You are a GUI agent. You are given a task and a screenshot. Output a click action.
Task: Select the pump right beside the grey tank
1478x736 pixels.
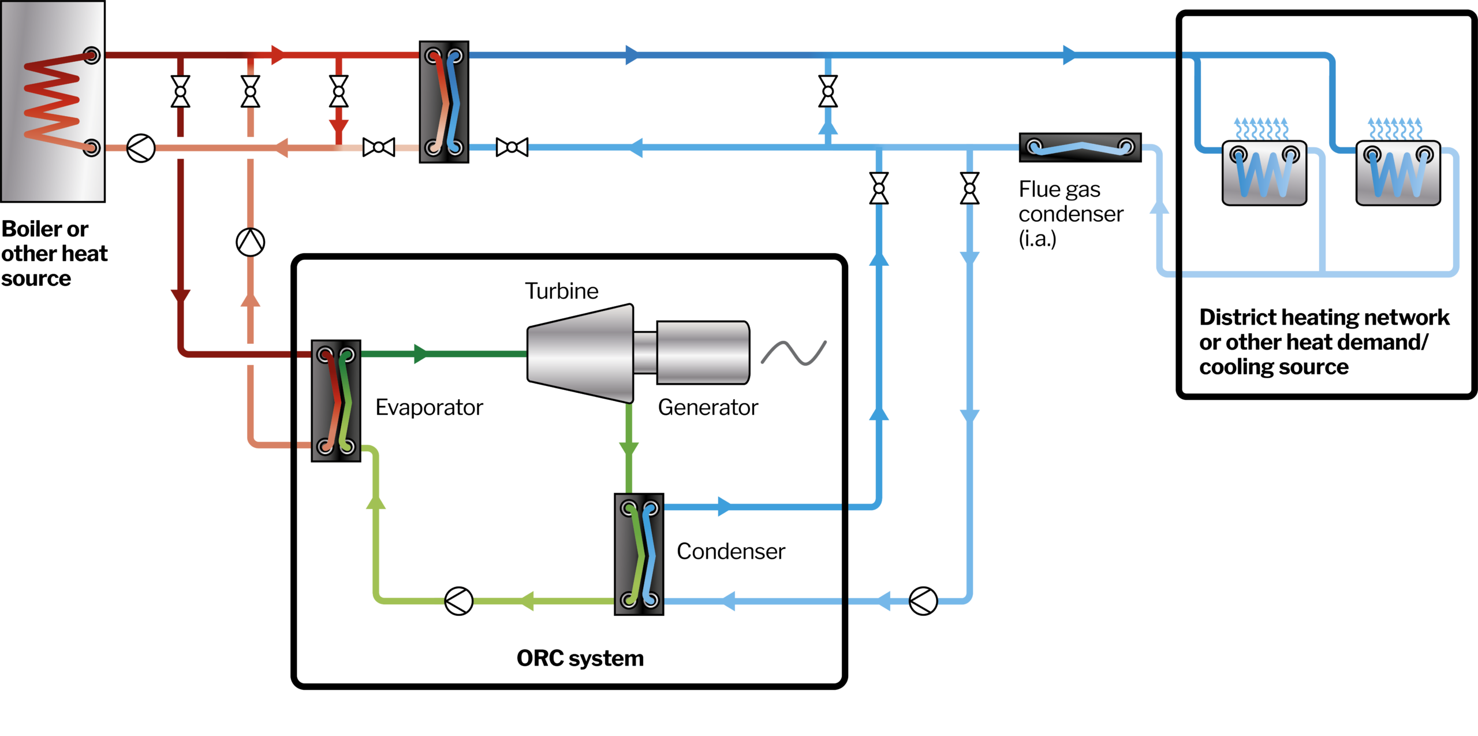click(141, 148)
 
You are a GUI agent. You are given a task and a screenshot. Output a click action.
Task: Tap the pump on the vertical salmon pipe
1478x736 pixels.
click(251, 242)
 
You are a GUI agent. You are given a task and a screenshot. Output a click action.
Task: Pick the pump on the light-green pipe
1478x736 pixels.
click(459, 601)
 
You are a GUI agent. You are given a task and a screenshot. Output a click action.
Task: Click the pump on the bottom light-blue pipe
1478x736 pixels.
click(923, 601)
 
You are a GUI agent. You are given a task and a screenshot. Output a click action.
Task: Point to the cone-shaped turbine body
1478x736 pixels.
click(581, 354)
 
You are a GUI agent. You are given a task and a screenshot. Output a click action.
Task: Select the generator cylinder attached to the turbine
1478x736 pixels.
click(703, 352)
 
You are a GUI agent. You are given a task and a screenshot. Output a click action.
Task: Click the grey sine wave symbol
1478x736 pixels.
click(794, 352)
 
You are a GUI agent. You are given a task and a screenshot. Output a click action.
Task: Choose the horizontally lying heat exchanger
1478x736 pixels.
click(1080, 147)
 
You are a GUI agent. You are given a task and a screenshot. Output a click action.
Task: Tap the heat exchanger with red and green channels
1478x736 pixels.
click(336, 400)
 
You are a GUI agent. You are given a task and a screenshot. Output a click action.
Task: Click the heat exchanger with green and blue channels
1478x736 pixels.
click(639, 554)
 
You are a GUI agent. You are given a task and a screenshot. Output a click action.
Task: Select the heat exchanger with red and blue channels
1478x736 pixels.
click(444, 102)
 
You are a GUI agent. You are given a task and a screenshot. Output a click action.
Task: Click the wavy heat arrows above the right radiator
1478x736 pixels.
click(1395, 128)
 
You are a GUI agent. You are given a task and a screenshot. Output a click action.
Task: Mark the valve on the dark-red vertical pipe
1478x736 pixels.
click(180, 91)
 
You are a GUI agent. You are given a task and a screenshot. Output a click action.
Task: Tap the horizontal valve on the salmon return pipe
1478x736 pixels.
click(379, 148)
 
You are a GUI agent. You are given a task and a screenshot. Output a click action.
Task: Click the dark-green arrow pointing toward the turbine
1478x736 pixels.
click(421, 354)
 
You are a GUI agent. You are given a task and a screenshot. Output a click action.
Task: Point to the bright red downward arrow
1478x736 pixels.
click(339, 127)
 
